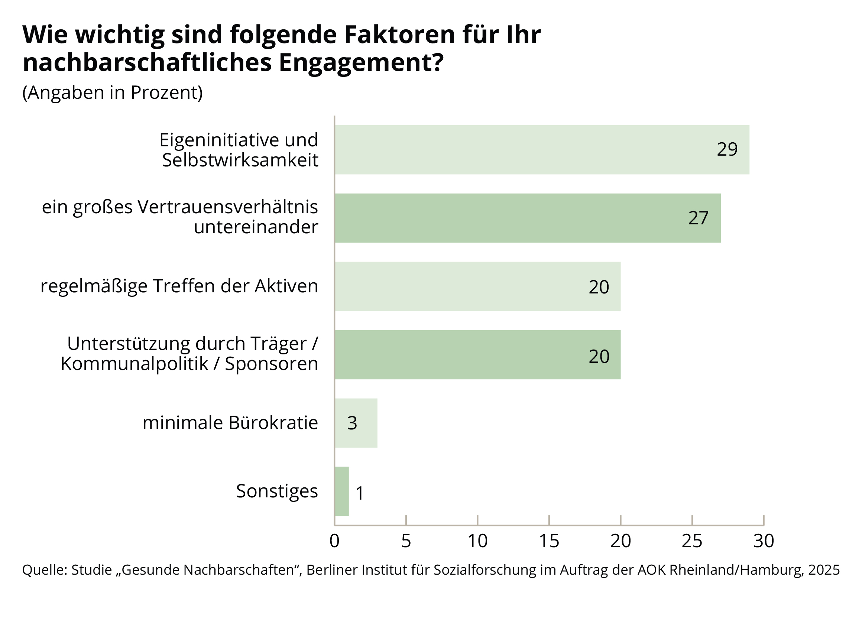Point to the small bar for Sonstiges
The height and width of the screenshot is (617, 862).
(341, 491)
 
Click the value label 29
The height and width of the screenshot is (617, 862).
(727, 149)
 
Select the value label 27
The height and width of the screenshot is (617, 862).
(698, 218)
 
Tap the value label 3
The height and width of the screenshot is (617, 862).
(352, 423)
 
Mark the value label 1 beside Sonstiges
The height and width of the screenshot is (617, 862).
(359, 494)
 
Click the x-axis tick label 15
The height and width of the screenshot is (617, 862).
(549, 541)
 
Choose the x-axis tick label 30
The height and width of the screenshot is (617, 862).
(764, 541)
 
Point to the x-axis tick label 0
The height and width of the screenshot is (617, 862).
(334, 541)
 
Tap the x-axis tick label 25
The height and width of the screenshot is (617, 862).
(692, 541)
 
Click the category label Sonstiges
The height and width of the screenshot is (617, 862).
(276, 491)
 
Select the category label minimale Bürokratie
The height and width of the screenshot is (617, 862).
(230, 422)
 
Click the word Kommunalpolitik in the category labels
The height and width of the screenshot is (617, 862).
(135, 364)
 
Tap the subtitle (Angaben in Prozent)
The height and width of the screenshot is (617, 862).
(113, 92)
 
